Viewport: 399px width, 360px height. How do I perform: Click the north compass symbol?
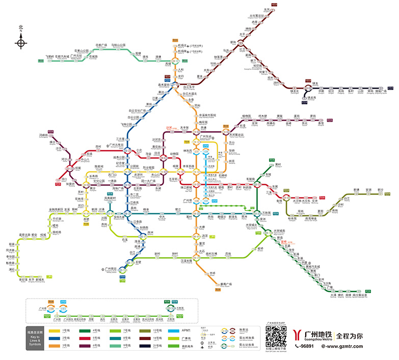click(21, 42)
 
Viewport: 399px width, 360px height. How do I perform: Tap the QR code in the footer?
click(276, 337)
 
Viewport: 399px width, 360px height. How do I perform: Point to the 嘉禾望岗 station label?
click(163, 85)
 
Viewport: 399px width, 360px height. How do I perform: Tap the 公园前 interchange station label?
click(135, 167)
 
